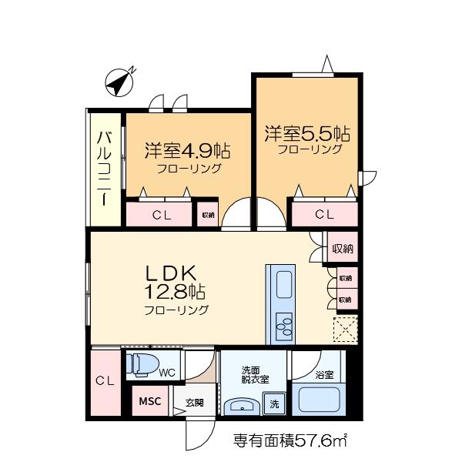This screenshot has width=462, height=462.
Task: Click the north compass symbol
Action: point(119,82)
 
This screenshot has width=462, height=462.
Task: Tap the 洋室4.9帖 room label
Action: point(188,151)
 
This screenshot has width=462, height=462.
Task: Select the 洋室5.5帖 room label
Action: point(307,134)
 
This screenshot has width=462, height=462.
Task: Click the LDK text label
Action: point(171,273)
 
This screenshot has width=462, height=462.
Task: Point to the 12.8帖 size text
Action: point(175,293)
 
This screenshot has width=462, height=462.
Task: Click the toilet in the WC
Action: point(142,365)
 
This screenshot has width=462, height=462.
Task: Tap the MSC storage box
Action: point(150,400)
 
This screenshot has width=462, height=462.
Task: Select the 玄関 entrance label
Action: point(195,403)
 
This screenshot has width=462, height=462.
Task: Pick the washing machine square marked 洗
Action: point(274,403)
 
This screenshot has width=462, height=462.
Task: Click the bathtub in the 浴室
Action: point(320,399)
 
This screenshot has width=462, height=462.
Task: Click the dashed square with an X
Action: point(345,330)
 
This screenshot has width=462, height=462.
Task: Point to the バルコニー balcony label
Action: point(104,169)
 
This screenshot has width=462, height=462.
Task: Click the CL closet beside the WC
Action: point(105,383)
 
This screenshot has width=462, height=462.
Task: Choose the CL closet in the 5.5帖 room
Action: point(325,214)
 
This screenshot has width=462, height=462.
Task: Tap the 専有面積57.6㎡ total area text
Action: point(290,440)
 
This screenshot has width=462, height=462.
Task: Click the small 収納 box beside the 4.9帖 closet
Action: point(208,215)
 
